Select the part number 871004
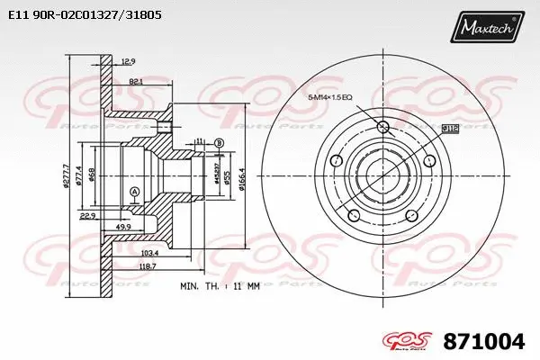point(484,342)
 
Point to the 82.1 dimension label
point(136,82)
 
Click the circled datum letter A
point(134,192)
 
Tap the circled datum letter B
point(219,142)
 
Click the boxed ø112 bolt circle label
point(450,130)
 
